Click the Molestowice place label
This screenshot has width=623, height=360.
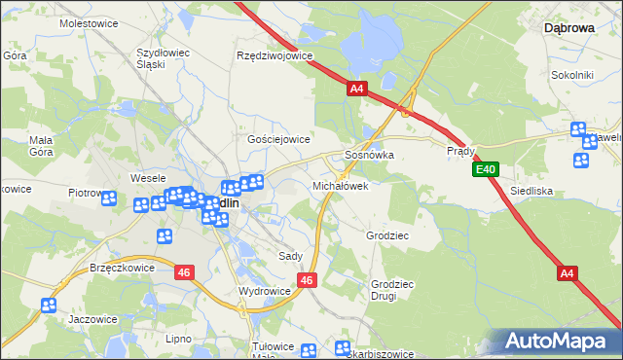click(89, 21)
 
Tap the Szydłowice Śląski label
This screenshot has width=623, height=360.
click(164, 57)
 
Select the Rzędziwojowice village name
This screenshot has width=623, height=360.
click(275, 55)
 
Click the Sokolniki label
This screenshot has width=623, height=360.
click(572, 74)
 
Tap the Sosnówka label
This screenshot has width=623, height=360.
click(369, 155)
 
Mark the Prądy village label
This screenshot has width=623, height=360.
click(460, 152)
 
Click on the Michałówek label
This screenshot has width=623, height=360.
click(340, 185)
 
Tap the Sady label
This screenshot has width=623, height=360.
click(290, 256)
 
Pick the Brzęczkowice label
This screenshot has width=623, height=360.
click(123, 268)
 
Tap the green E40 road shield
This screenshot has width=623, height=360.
click(487, 170)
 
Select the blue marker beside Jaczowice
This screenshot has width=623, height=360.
click(49, 305)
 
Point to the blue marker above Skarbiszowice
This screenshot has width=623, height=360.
click(342, 348)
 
